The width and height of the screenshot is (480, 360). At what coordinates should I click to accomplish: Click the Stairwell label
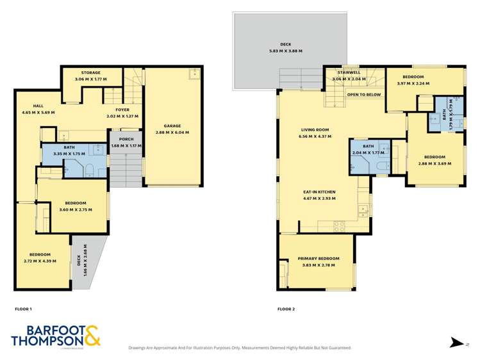tap(349, 73)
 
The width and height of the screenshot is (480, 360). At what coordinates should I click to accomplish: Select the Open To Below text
tap(364, 95)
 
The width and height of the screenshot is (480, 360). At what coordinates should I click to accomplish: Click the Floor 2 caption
tap(286, 309)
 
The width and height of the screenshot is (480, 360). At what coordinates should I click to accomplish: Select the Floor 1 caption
tap(23, 309)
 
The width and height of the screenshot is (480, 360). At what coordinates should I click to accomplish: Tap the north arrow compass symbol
tap(455, 342)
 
